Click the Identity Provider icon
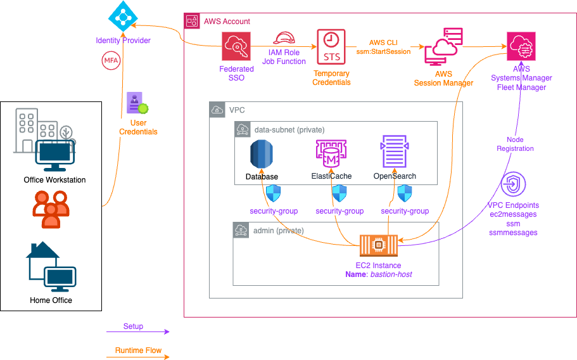click(x=124, y=17)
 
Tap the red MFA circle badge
click(x=110, y=61)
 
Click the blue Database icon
click(x=262, y=153)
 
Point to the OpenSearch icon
click(x=395, y=152)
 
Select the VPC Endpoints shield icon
click(x=512, y=186)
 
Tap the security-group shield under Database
click(x=274, y=193)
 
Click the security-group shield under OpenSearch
click(x=405, y=193)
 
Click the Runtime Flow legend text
click(x=138, y=350)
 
